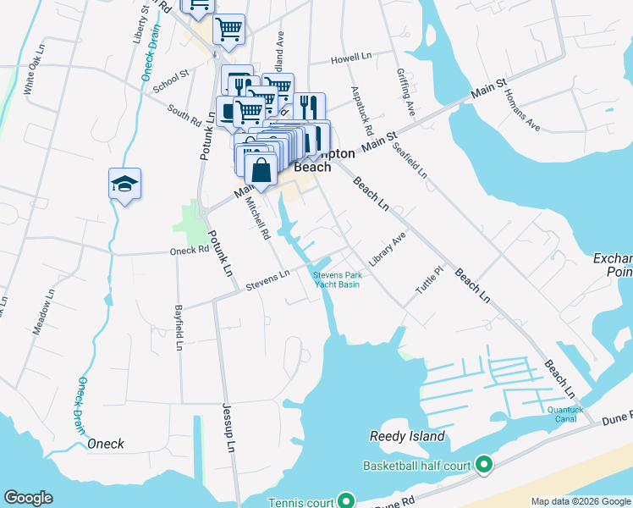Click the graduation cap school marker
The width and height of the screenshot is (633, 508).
pos(124,184)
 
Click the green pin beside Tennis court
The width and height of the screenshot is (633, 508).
pos(344,501)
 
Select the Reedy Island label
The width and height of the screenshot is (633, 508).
pos(407,437)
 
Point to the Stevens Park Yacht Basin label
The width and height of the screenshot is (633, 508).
pos(337,279)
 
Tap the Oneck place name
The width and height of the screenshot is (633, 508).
pos(105,444)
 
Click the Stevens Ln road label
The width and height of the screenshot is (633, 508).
pos(267,280)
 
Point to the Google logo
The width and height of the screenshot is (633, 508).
pos(28,498)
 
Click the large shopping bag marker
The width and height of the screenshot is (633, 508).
pos(262,168)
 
